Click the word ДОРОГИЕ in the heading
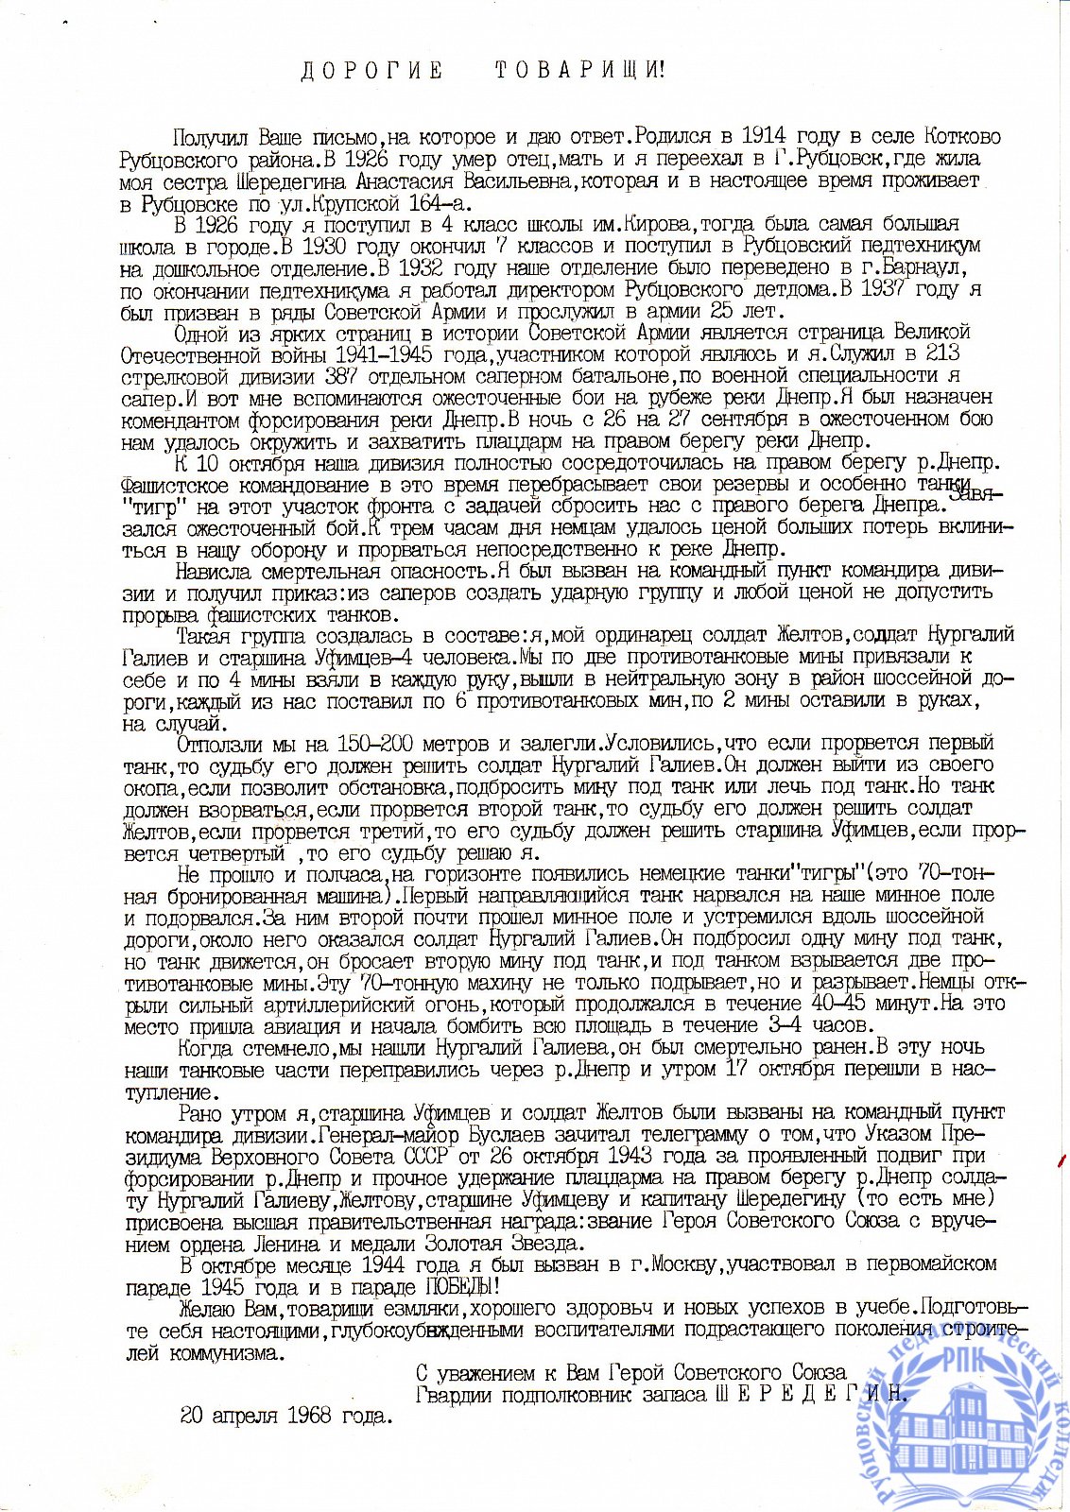point(371,70)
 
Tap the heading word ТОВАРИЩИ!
point(580,70)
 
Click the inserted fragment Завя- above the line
point(975,492)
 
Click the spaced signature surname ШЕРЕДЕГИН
point(808,1393)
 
